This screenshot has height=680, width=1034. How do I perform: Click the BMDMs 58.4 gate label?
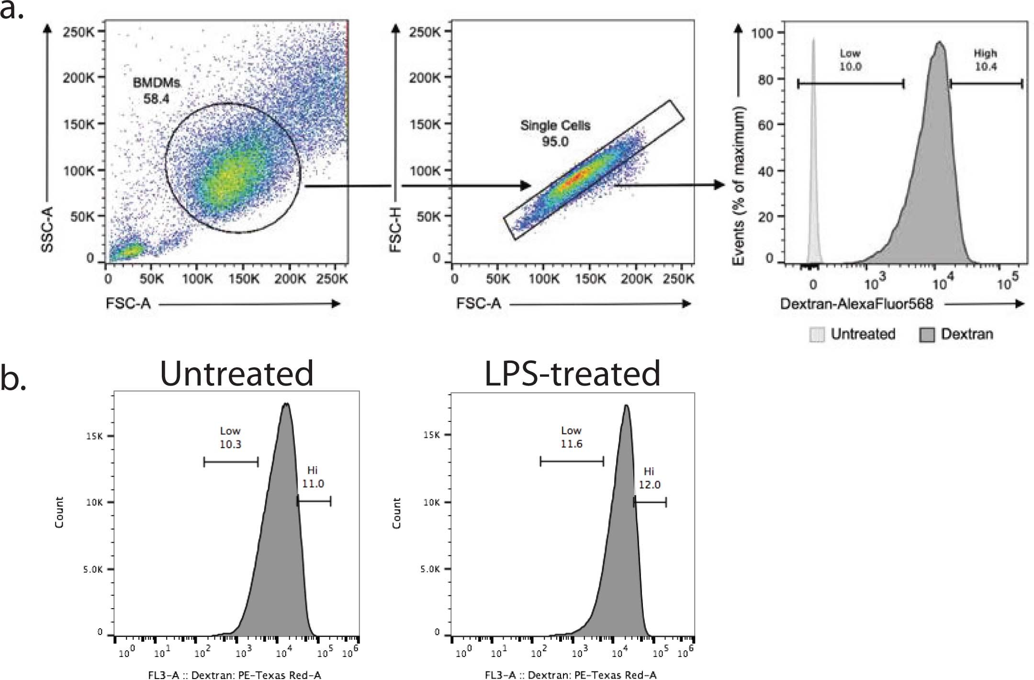coord(157,91)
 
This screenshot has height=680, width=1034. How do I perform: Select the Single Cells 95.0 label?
coord(555,133)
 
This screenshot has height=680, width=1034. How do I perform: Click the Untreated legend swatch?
coord(817,334)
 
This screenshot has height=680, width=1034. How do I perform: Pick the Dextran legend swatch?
coord(927,334)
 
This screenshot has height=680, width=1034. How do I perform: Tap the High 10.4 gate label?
coord(986,60)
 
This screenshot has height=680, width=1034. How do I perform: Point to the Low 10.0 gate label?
coord(850,60)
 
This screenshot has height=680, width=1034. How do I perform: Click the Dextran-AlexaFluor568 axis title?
coord(856,304)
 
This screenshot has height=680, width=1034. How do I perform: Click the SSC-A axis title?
coord(47,229)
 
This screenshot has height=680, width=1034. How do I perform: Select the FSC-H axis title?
coord(395,229)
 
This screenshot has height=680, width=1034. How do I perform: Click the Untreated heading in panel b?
coord(236,373)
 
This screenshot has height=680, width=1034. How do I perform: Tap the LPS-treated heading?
coord(572,373)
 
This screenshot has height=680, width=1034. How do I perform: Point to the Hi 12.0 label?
coord(649,478)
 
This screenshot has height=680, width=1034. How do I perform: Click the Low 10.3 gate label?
coord(230,437)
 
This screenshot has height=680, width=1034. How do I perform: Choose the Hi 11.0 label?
coord(313,477)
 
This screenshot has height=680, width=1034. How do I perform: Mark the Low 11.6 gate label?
coord(571,437)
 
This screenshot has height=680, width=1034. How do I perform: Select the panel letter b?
coord(13,378)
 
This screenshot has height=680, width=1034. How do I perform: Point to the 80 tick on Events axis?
coord(765,79)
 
